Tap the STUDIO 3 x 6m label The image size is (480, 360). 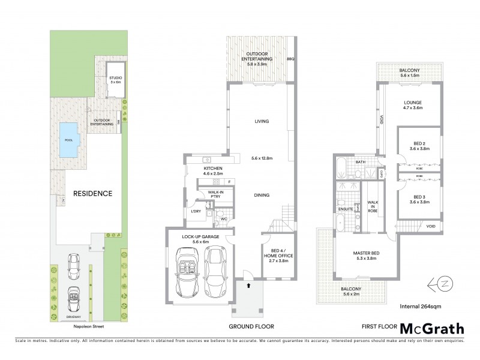[x=115, y=80]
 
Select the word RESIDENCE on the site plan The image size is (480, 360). [x=93, y=193]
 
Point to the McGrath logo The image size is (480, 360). [x=432, y=328]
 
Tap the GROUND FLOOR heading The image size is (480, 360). [x=251, y=326]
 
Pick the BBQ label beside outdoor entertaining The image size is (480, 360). [x=291, y=59]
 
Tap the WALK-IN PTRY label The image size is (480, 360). [x=216, y=194]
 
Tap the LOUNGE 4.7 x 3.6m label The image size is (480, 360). [x=412, y=106]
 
